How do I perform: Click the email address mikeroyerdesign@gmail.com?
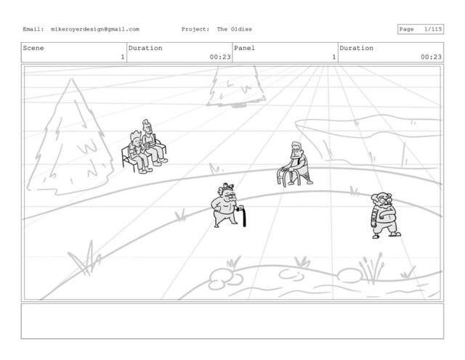(95, 29)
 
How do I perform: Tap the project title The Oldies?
(234, 29)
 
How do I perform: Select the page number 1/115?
(433, 29)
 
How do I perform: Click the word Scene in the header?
(33, 48)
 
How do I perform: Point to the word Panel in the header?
(244, 48)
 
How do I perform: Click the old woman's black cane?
(243, 216)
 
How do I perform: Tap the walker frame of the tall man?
(287, 177)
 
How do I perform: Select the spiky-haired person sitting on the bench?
(139, 152)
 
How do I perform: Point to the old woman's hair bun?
(227, 187)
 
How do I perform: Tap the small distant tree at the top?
(236, 86)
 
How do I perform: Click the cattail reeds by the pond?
(371, 269)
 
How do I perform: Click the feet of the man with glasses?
(387, 235)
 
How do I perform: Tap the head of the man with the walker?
(296, 149)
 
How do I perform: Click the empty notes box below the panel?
(232, 321)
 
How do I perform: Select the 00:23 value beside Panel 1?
(431, 57)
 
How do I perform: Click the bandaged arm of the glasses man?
(374, 216)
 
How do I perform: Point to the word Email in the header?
(33, 29)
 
